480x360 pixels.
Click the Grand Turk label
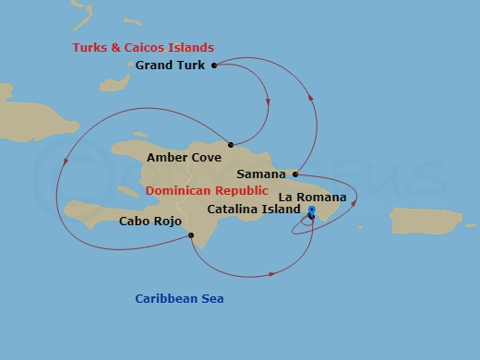pos(172,66)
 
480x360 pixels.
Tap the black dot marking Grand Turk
pos(214,66)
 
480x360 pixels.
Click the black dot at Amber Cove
pos(230,145)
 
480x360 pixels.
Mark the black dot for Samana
pos(294,174)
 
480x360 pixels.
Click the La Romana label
pos(312,197)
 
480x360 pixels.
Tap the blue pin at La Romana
pos(311,212)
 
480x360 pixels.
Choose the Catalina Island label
pos(254,210)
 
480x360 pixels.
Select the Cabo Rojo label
pos(150,222)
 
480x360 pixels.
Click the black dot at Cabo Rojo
pos(191,235)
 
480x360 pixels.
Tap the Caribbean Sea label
pos(179,298)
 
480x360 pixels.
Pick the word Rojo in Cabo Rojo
pos(167,222)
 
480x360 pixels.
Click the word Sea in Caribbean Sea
pos(212,298)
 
